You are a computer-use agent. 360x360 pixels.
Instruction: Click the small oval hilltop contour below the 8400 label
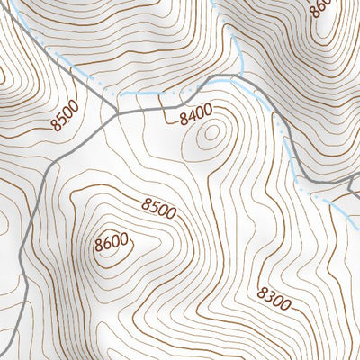pyautogui.click(x=212, y=136)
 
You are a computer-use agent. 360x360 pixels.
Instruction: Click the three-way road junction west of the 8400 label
pyautogui.click(x=117, y=114)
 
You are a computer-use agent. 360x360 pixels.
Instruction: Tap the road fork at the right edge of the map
pyautogui.click(x=349, y=183)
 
